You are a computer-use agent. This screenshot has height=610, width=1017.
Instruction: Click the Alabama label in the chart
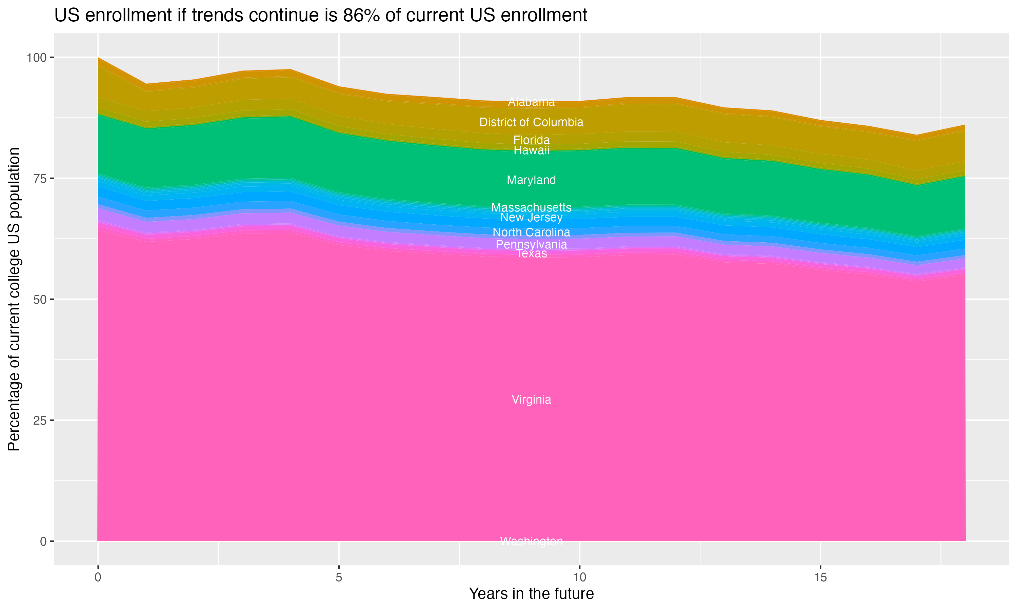[531, 102]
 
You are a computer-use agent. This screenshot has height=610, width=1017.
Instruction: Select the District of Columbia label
[531, 122]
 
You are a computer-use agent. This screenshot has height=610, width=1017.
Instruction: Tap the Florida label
[531, 140]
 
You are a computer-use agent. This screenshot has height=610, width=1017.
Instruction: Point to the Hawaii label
[531, 150]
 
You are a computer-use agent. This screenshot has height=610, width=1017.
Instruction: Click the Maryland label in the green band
[531, 180]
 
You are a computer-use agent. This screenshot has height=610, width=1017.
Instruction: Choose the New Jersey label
[531, 218]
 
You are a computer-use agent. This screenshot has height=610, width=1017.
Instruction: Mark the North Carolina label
[531, 232]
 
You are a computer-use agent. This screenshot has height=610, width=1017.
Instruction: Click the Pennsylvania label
[531, 245]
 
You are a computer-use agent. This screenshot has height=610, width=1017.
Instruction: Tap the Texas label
[531, 253]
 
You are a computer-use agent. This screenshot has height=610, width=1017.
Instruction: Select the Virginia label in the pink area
[531, 400]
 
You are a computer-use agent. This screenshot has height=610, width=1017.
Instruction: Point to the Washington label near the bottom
[531, 541]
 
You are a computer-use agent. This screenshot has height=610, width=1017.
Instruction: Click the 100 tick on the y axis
[36, 58]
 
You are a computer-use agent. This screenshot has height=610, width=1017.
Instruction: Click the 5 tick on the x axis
[339, 577]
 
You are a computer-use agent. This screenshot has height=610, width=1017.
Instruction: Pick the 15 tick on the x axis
[820, 577]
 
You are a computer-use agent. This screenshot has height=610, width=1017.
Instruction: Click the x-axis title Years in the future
[531, 593]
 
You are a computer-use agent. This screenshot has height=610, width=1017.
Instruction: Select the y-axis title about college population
[14, 299]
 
